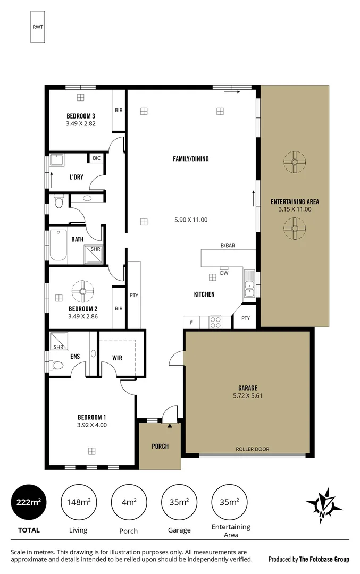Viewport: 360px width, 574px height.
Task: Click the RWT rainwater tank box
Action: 38,27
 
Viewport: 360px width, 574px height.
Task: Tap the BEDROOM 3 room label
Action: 80,116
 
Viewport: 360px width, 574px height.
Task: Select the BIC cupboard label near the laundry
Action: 96,158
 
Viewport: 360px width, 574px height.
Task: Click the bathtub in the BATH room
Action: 58,244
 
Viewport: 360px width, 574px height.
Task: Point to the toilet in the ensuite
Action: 57,366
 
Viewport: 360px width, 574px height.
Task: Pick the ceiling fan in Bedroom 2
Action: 82,291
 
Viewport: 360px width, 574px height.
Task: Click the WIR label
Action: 117,358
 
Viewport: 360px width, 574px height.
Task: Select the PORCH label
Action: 160,446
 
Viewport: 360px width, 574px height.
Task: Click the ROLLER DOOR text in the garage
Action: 252,449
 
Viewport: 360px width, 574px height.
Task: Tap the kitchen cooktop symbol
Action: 215,322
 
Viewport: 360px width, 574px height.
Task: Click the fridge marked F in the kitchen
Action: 191,322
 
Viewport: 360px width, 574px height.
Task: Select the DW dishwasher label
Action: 224,274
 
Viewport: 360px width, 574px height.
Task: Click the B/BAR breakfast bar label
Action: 228,246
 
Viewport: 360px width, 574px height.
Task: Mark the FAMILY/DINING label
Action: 190,158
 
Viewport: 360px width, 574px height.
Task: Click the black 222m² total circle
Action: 28,501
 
